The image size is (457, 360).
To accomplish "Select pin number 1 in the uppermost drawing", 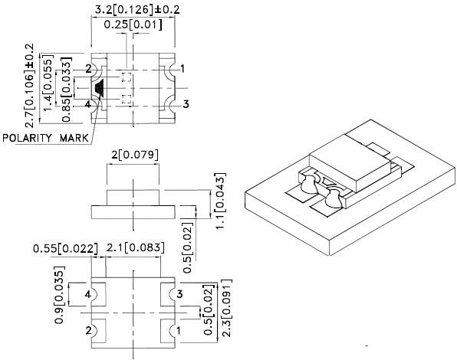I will pyautogui.click(x=182, y=69).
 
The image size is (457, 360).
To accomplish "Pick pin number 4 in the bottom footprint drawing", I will pyautogui.click(x=88, y=294).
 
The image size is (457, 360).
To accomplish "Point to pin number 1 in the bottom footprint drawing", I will pyautogui.click(x=179, y=331).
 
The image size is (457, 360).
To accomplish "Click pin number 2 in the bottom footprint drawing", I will pyautogui.click(x=88, y=331).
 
